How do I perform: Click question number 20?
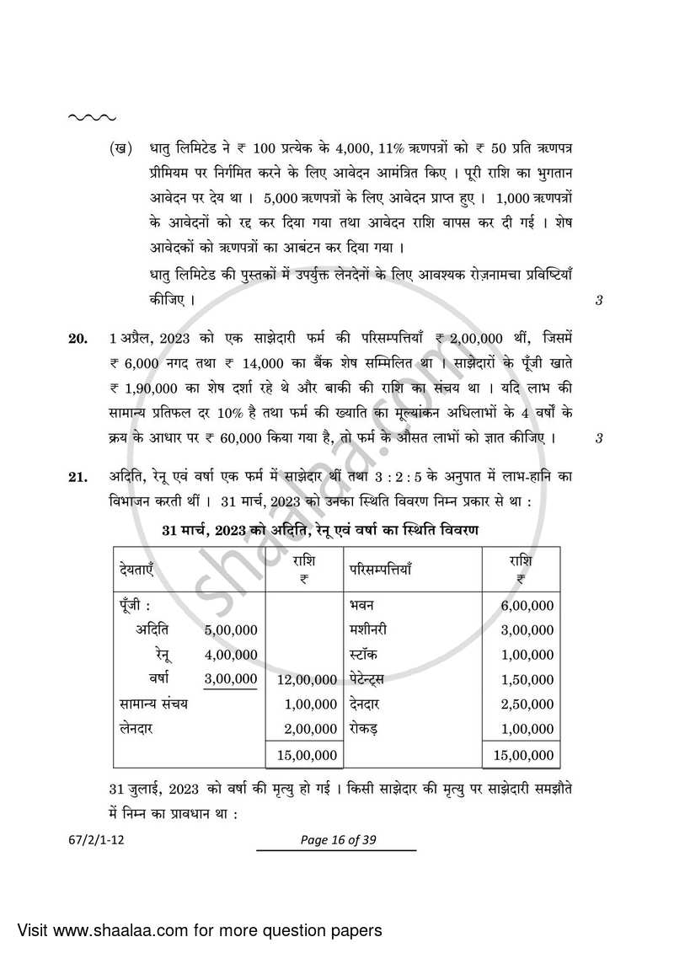pyautogui.click(x=77, y=340)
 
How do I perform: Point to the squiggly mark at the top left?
pyautogui.click(x=92, y=117)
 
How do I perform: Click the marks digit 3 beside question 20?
pyautogui.click(x=598, y=438)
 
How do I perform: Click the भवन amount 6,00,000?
pyautogui.click(x=527, y=605)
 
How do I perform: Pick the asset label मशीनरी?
pyautogui.click(x=367, y=629)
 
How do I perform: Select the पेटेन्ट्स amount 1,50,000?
pyautogui.click(x=527, y=679)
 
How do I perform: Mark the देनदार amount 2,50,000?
pyautogui.click(x=527, y=704)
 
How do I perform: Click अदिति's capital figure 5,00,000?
pyautogui.click(x=231, y=629)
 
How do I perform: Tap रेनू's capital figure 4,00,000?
pyautogui.click(x=231, y=655)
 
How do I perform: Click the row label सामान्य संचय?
pyautogui.click(x=152, y=704)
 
